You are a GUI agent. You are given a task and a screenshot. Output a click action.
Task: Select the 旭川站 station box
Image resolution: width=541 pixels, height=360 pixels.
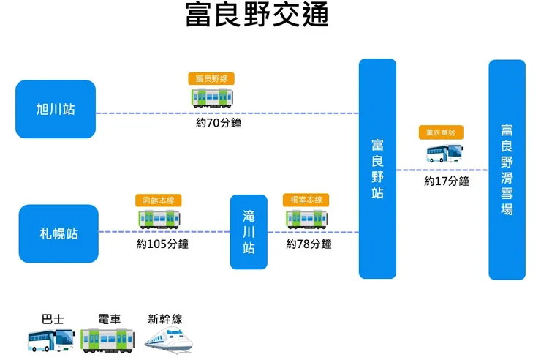coord(56,109)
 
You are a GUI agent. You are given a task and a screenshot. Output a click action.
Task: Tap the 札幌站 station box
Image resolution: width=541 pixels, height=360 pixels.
coord(58,233)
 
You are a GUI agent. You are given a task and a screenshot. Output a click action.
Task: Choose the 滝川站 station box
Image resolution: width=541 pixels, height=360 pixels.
coord(249,232)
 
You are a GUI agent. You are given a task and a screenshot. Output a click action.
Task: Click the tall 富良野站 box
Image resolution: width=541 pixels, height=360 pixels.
coord(377,168)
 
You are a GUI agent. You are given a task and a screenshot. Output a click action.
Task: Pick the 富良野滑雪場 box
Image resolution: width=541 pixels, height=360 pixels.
coord(507,169)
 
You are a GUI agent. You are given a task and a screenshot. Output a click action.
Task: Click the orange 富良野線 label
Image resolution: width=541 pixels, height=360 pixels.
coord(211,78)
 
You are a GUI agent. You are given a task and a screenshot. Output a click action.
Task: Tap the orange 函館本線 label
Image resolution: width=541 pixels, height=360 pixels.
coord(159,200)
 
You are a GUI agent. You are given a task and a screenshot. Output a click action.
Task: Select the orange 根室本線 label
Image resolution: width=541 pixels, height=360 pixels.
coord(306,200)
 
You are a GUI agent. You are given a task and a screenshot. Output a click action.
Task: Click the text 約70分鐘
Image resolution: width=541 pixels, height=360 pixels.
coord(219,123)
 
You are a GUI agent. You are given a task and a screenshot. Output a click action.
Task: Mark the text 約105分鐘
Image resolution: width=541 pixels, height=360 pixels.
coord(162,244)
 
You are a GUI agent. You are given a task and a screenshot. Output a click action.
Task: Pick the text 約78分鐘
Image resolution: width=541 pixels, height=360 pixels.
coord(309,244)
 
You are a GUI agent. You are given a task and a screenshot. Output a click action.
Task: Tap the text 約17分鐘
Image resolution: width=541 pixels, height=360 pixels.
coord(447,181)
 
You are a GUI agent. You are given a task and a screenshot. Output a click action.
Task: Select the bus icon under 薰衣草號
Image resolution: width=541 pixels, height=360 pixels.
coord(445,153)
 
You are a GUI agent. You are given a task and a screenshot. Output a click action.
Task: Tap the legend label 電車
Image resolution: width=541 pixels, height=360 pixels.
coord(109,319)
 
